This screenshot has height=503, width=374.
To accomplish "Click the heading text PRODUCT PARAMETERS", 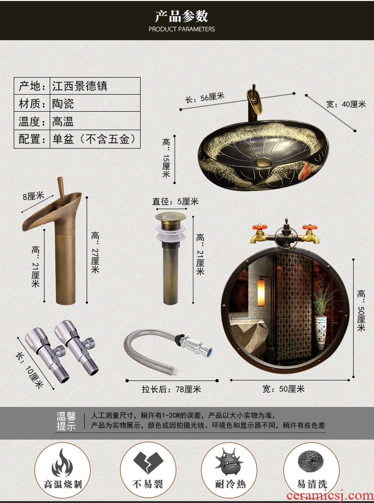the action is pyautogui.click(x=182, y=29).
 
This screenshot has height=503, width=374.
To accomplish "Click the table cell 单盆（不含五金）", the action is pyautogui.click(x=95, y=139).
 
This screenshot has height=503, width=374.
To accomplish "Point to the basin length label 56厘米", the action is pyautogui.click(x=205, y=98).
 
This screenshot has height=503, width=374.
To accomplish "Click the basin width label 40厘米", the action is pyautogui.click(x=346, y=104).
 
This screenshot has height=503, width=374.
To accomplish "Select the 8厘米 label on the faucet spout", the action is pyautogui.click(x=33, y=196).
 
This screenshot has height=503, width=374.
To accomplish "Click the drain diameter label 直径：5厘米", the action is pyautogui.click(x=175, y=202).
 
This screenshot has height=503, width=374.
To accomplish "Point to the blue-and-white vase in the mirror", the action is pyautogui.click(x=321, y=333).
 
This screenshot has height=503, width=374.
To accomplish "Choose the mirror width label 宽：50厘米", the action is pyautogui.click(x=284, y=389).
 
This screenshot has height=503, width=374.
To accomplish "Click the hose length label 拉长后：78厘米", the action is pyautogui.click(x=171, y=389).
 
